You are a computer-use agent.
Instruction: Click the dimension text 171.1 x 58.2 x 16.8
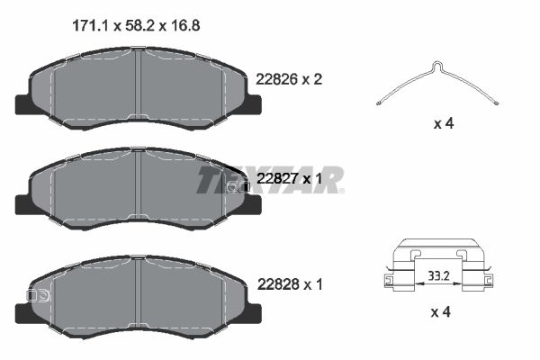tap(135, 26)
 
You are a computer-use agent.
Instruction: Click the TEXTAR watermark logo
tap(270, 179)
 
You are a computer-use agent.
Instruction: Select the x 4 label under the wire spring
tap(442, 123)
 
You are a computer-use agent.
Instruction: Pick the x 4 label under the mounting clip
tap(442, 312)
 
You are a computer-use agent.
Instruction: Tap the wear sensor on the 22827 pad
tap(238, 187)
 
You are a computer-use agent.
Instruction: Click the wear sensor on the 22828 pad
tap(40, 295)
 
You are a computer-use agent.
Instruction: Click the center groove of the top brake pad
tap(137, 85)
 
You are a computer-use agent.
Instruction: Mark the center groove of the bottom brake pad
tap(137, 295)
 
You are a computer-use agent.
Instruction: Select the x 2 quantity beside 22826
tap(311, 79)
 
